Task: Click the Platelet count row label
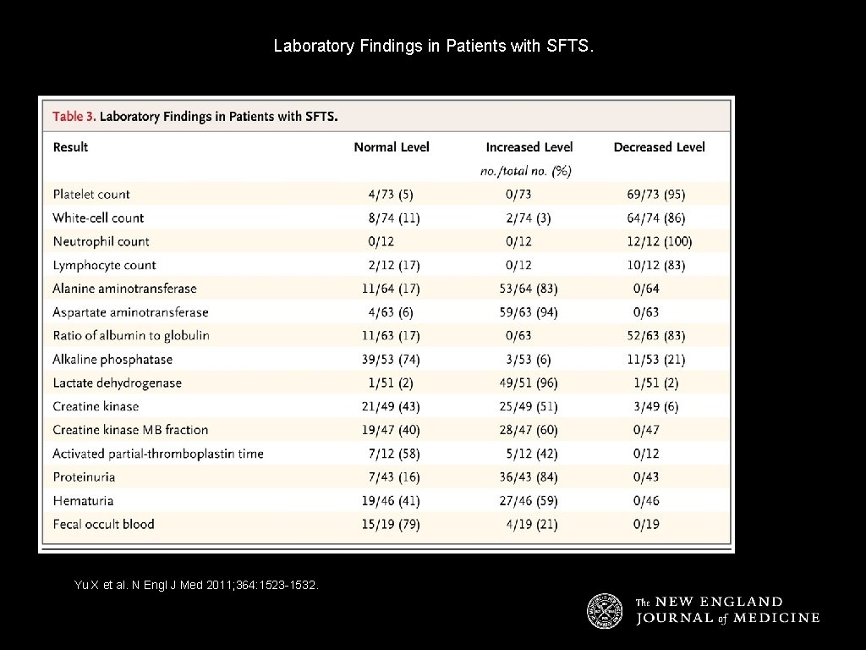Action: (91, 194)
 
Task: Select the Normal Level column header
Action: (392, 147)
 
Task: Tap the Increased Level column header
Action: (529, 147)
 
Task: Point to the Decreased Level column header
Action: (660, 147)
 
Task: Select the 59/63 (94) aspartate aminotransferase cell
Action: (529, 312)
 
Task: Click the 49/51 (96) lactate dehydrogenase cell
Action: (529, 383)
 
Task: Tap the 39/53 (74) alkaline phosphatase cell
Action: (391, 360)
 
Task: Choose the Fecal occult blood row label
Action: (103, 524)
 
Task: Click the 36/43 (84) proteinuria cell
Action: (529, 477)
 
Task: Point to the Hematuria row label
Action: (83, 501)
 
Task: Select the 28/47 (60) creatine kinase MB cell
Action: (529, 430)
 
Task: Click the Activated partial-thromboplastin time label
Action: (158, 454)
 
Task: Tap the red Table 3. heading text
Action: (74, 116)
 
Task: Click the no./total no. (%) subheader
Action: (526, 171)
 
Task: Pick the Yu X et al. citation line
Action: (197, 584)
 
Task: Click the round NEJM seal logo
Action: (605, 610)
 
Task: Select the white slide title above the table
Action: (434, 46)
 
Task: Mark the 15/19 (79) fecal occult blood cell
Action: (391, 524)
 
